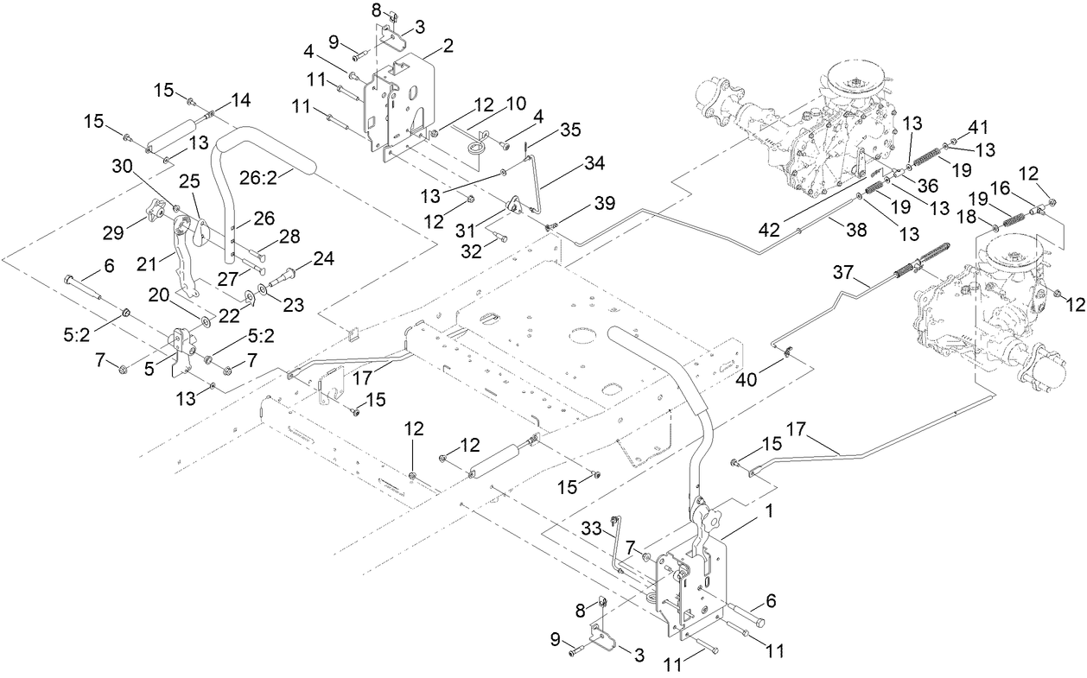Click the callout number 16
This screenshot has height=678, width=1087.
[1021, 187]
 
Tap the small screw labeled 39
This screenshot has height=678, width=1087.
[550, 225]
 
